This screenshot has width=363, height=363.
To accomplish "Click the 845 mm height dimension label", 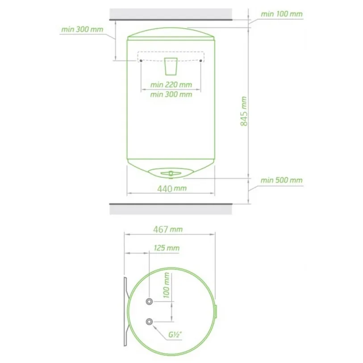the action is [244, 111].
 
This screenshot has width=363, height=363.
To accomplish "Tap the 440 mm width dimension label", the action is [172, 189].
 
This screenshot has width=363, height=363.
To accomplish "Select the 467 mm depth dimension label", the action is [168, 229].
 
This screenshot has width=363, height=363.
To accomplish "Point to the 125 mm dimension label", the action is [167, 248].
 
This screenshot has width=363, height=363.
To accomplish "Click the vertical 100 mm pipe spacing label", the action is [167, 285].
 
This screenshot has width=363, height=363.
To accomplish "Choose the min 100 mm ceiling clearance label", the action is [281, 14].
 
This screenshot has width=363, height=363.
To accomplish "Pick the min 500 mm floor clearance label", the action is [281, 180].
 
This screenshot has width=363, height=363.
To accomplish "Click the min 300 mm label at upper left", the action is [82, 29].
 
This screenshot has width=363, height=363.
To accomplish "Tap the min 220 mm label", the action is [171, 85].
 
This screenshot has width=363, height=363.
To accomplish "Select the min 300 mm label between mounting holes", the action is [171, 95].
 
